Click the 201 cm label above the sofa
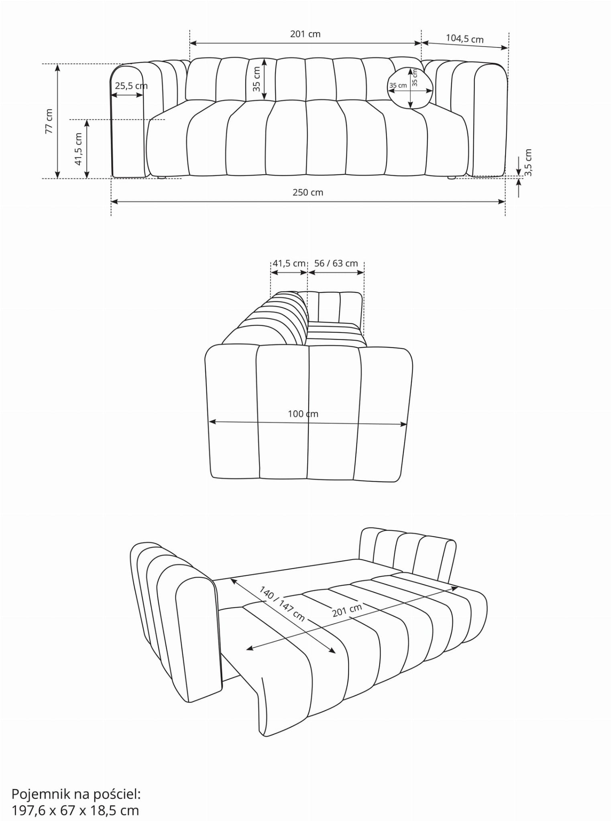[305, 34]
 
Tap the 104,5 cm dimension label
[464, 39]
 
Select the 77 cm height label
[49, 121]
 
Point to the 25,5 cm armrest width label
[131, 86]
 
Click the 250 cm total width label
[308, 193]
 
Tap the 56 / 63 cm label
[336, 264]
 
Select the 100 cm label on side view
[303, 414]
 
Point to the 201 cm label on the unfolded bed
[347, 610]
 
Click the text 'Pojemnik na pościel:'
[76, 794]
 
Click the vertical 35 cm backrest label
[257, 79]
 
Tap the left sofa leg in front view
[161, 177]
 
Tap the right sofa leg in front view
[451, 177]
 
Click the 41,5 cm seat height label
[78, 149]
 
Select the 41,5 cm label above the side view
[289, 264]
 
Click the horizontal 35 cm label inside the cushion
[398, 85]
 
